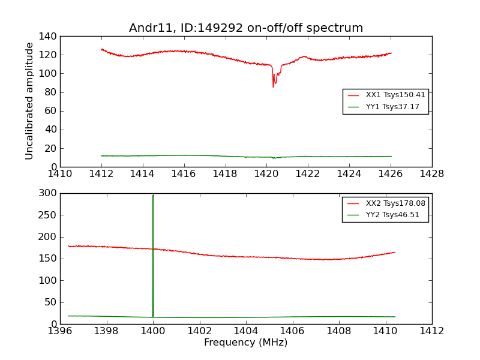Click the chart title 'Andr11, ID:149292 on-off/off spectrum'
point(246,28)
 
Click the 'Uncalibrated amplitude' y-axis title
point(29,101)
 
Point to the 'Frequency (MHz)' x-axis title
point(245,343)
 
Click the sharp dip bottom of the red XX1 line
point(273,87)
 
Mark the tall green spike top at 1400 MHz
point(153,194)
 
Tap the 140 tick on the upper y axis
point(49,37)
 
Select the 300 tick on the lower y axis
point(49,193)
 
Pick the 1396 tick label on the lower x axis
point(60,331)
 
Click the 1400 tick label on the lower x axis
point(153,331)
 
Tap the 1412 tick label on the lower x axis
point(431,331)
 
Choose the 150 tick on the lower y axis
point(49,259)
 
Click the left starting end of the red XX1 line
point(101,49)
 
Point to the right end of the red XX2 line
point(395,252)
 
